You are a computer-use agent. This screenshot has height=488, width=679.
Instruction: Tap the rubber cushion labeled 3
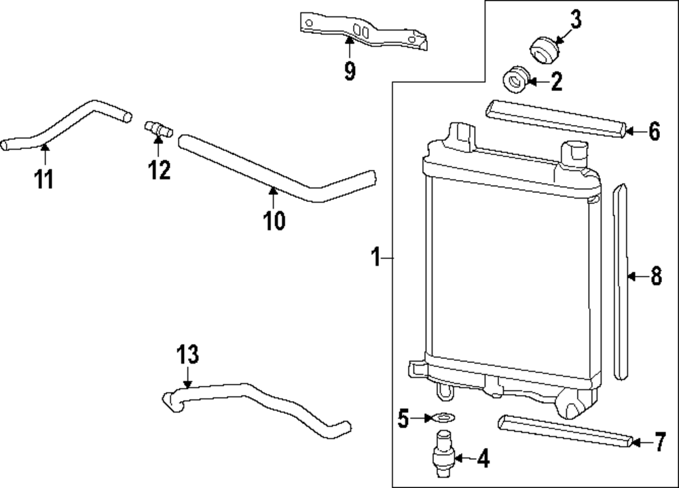[544, 50]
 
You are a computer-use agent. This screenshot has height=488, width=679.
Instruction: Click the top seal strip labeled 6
[555, 119]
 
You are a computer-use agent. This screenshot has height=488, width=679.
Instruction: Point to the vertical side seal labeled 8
[621, 279]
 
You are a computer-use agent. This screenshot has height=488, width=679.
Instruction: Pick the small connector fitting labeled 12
[158, 127]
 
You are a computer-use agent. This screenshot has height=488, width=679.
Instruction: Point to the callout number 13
[188, 355]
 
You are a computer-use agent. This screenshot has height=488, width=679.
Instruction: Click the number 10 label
[274, 220]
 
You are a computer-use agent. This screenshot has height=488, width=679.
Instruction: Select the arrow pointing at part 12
[158, 144]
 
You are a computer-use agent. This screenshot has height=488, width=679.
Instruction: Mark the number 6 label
[654, 132]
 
